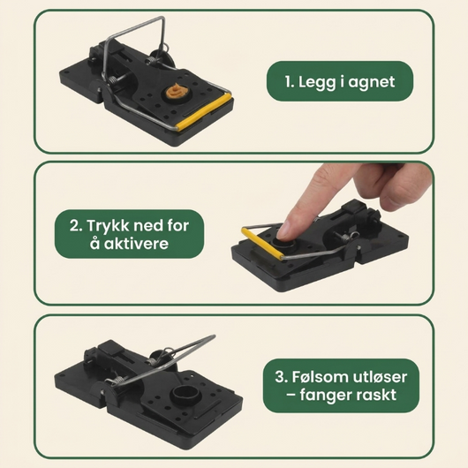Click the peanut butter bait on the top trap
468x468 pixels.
[x=176, y=91]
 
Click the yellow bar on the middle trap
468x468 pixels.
[x=261, y=243]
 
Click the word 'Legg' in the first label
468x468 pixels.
[x=317, y=82]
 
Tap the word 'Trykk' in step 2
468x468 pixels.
[x=109, y=226]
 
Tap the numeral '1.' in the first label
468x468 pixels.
[x=290, y=81]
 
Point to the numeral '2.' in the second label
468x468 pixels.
[x=76, y=225]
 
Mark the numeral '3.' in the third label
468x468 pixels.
[x=282, y=377]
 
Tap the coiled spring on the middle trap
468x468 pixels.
[x=345, y=238]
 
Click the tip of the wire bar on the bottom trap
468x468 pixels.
[x=214, y=336]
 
